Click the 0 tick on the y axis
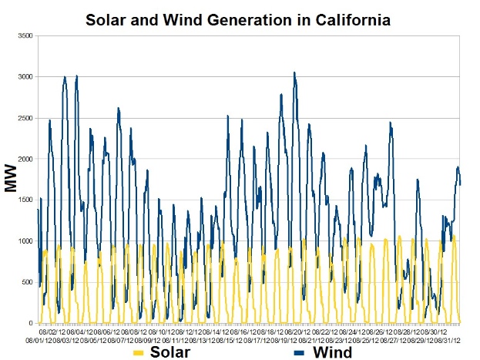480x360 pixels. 30,323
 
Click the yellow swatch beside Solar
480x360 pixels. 139,352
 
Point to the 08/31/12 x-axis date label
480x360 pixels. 448,340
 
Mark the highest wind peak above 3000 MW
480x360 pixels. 294,72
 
